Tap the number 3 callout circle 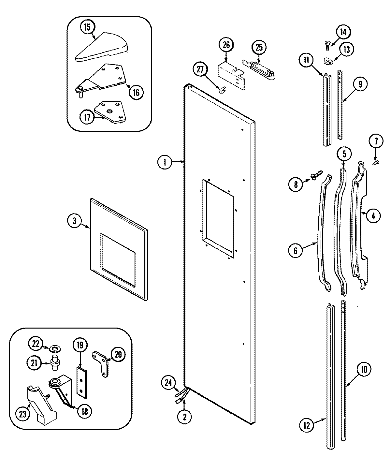75,221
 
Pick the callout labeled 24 168,383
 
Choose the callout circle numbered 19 80,345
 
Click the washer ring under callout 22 54,349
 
